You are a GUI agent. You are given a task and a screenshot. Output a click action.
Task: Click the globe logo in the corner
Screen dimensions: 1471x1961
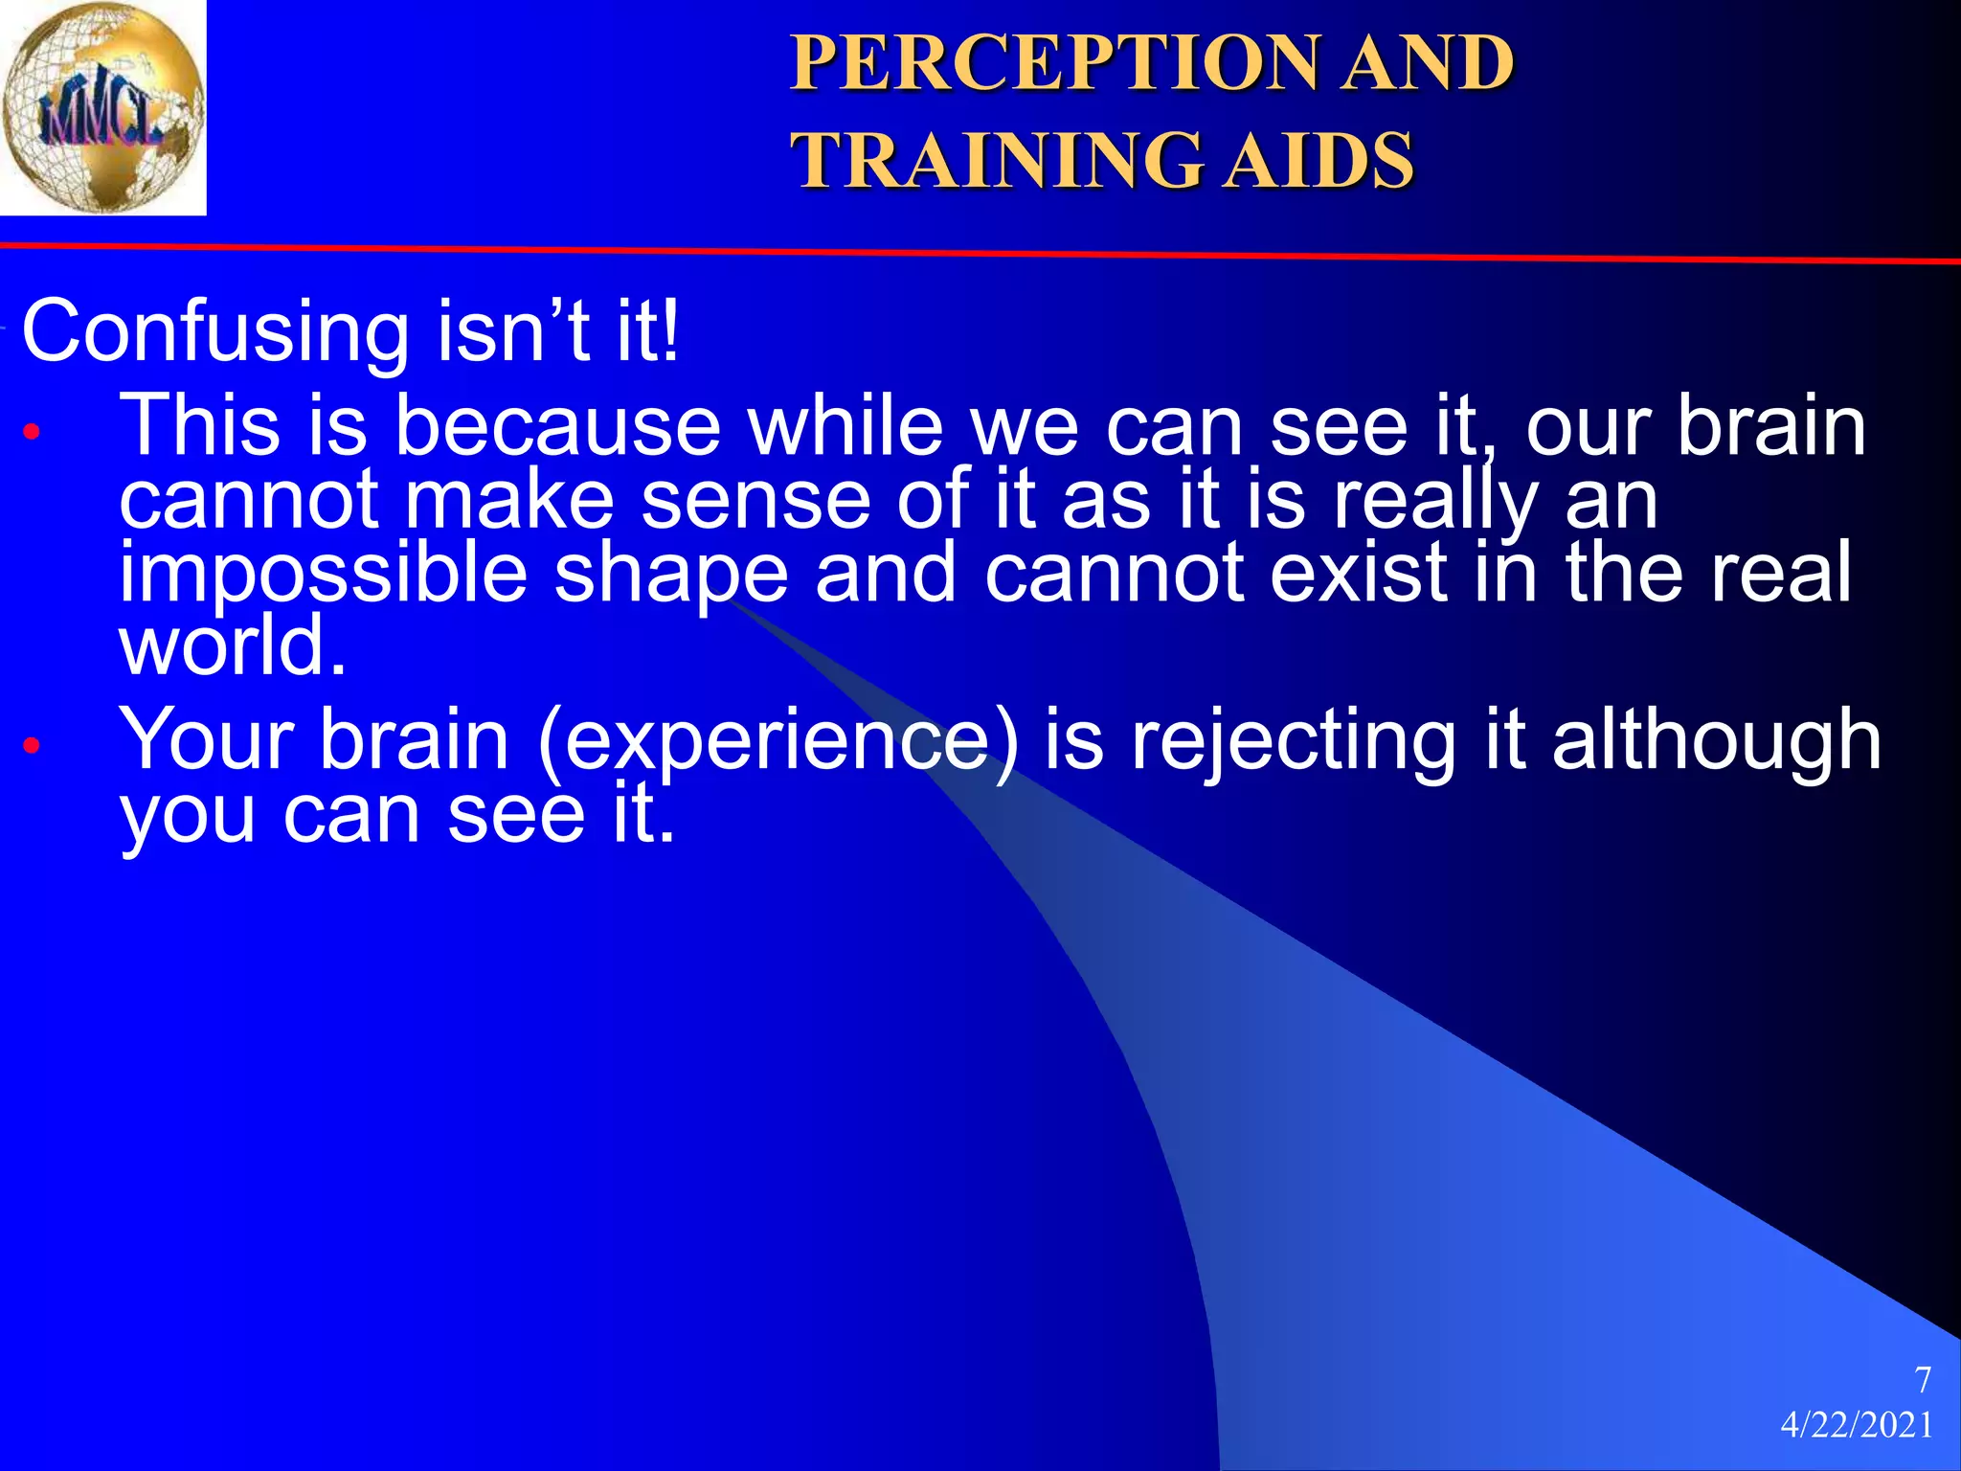[x=102, y=107]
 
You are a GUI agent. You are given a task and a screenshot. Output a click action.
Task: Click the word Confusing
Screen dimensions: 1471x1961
[x=215, y=331]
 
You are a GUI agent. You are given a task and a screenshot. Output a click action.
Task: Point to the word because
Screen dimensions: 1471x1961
[x=557, y=426]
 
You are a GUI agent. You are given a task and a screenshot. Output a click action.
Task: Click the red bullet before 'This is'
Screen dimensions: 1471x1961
[x=32, y=432]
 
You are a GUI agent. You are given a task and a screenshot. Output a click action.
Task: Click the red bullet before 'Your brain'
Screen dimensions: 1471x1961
[x=32, y=744]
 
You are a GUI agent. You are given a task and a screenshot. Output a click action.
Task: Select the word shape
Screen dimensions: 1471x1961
[x=671, y=574]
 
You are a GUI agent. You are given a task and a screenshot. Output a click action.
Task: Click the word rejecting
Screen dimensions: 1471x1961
[x=1294, y=740]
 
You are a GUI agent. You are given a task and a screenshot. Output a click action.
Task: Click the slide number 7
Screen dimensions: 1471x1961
[x=1922, y=1380]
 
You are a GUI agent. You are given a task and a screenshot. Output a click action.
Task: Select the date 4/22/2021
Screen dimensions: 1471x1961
[x=1857, y=1425]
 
